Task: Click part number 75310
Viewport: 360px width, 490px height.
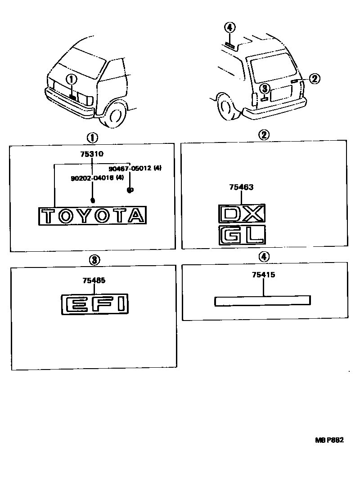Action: coord(92,154)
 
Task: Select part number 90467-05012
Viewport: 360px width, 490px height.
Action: coord(131,169)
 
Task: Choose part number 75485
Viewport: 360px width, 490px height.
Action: coord(94,281)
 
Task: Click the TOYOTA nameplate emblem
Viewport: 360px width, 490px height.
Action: coord(92,216)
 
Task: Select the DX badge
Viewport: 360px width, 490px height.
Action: coord(241,214)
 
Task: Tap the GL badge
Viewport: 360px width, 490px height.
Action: coord(241,235)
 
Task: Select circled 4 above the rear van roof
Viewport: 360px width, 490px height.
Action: coord(229,27)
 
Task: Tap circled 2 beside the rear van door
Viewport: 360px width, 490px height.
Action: coord(314,79)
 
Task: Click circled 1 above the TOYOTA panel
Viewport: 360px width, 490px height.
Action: coord(92,137)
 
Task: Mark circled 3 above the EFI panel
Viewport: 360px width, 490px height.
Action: coord(94,259)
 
